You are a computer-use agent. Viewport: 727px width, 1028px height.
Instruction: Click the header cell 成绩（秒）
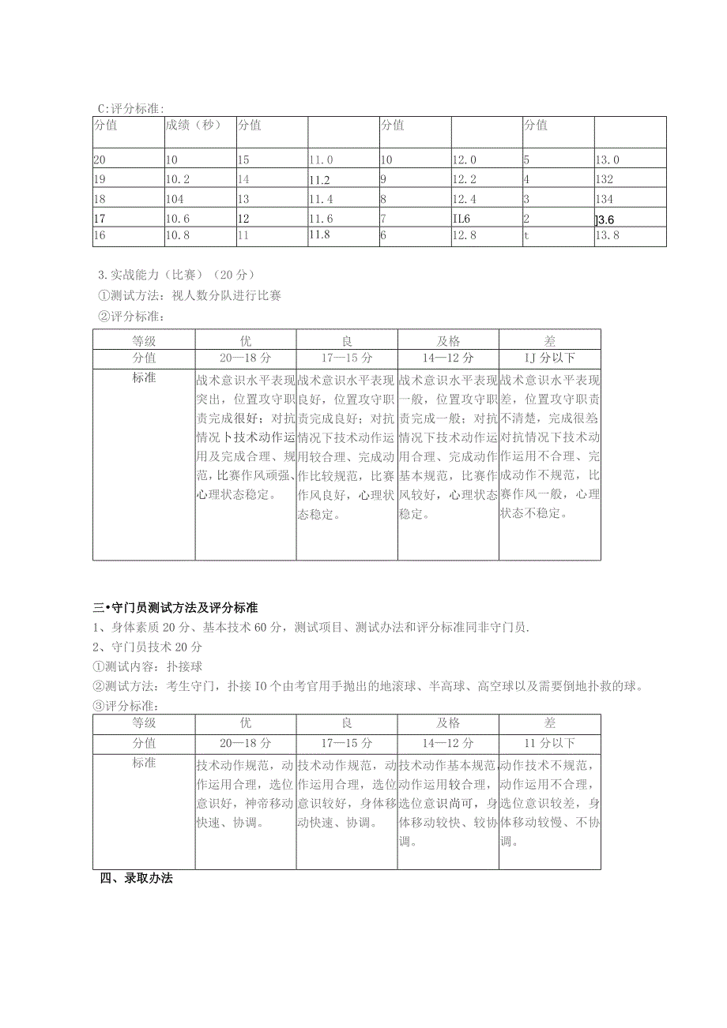[193, 125]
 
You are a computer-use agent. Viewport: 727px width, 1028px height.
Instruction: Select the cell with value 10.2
[178, 179]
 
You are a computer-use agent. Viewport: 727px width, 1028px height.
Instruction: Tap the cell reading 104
[175, 199]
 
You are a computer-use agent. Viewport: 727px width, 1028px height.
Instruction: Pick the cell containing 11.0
[321, 159]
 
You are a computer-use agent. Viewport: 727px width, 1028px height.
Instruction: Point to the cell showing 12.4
[465, 199]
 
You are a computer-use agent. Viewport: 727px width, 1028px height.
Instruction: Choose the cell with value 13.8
[608, 235]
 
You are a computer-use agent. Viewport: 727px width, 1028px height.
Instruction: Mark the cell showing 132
[605, 179]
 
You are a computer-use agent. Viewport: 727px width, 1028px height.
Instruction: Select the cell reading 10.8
[178, 235]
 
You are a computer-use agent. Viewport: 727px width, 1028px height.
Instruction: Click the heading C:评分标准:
[131, 108]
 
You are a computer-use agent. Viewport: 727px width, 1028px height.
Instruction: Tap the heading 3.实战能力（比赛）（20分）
[176, 275]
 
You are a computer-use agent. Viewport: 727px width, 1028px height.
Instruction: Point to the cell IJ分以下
[549, 358]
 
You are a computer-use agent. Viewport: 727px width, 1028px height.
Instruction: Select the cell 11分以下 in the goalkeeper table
[549, 744]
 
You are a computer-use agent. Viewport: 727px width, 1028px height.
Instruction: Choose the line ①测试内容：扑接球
[148, 666]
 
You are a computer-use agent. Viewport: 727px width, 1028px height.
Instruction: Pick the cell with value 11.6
[321, 217]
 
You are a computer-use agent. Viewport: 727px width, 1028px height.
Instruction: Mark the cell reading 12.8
[465, 235]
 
